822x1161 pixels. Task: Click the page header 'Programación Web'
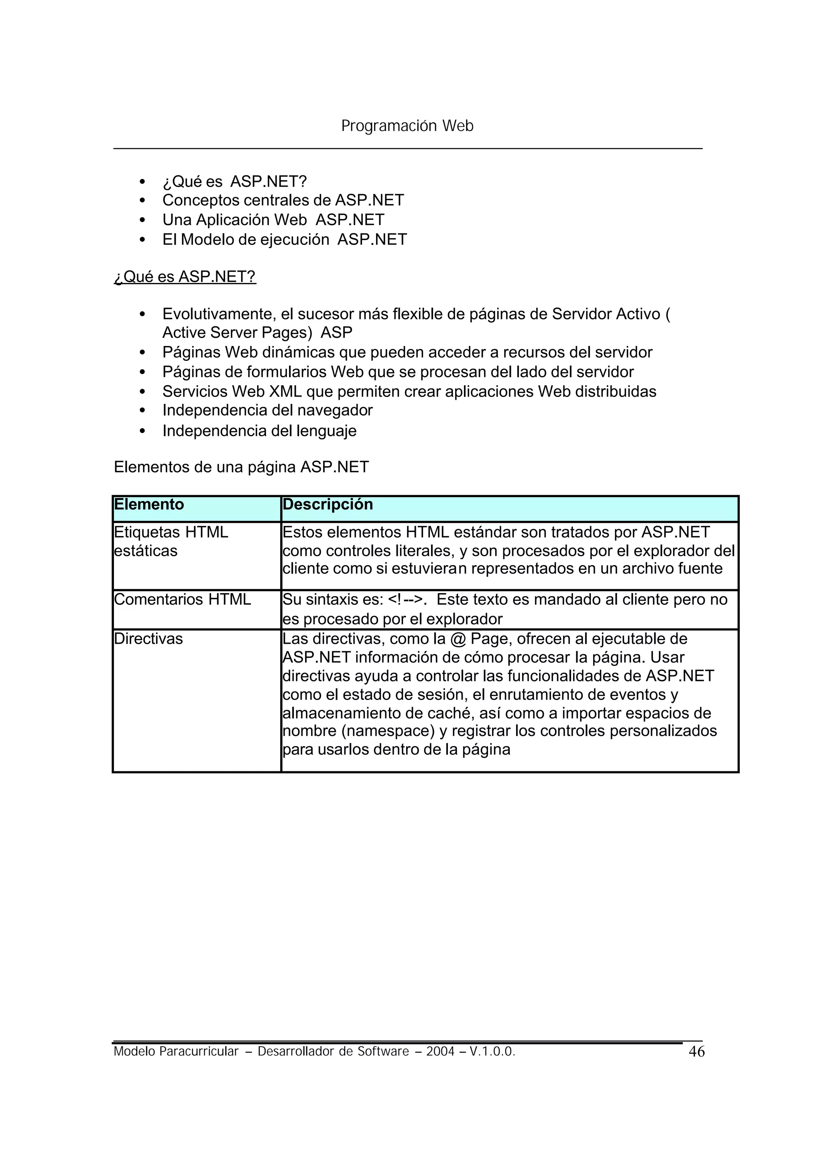[x=407, y=126]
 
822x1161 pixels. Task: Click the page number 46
[x=696, y=1052]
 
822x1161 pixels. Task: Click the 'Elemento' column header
[x=149, y=504]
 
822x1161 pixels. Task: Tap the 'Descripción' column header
[x=328, y=504]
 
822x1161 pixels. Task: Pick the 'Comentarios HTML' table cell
[x=182, y=599]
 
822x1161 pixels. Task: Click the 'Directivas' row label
[x=148, y=639]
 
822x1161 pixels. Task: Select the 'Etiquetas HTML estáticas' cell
[x=171, y=541]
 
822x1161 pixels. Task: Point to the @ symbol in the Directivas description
[x=457, y=639]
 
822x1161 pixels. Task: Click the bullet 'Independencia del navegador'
[x=267, y=411]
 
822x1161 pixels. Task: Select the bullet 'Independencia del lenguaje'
[x=259, y=431]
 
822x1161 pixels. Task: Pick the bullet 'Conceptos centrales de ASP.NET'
[x=283, y=200]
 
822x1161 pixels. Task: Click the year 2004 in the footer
[x=440, y=1052]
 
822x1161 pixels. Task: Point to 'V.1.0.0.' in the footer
[x=492, y=1052]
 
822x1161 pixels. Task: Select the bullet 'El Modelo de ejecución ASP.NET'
[x=285, y=240]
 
